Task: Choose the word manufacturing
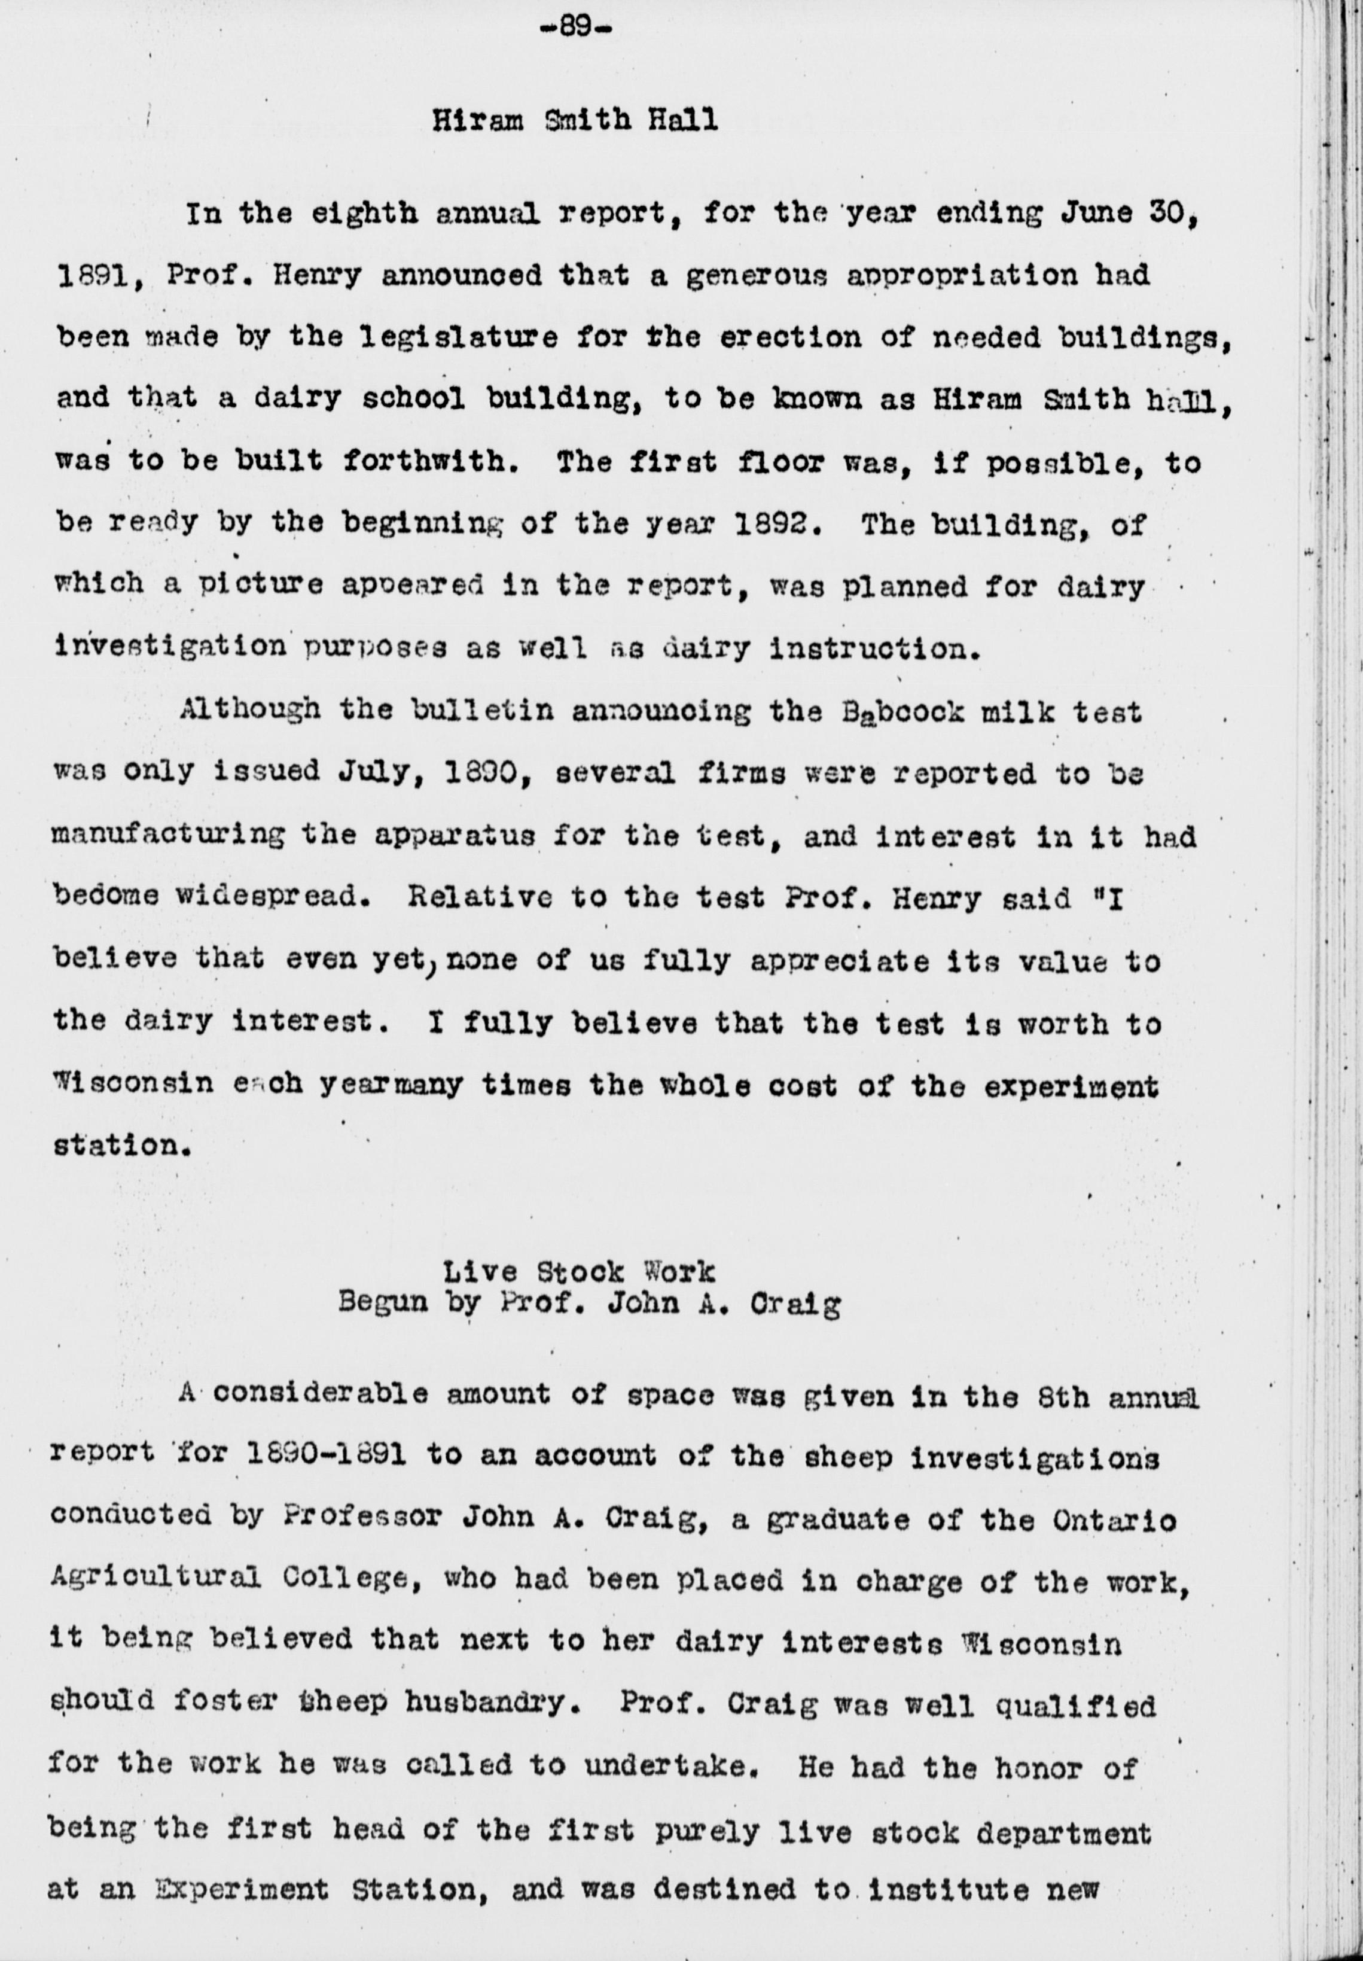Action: point(167,835)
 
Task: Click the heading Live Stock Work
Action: point(578,1272)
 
